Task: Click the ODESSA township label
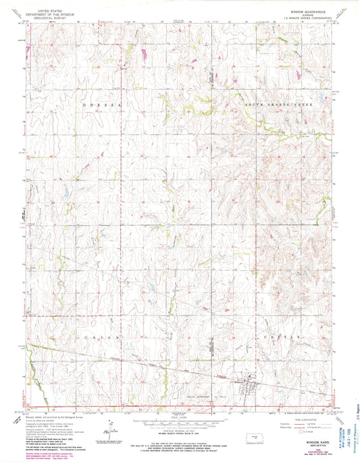coord(101,106)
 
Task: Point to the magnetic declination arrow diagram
coord(108,432)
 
